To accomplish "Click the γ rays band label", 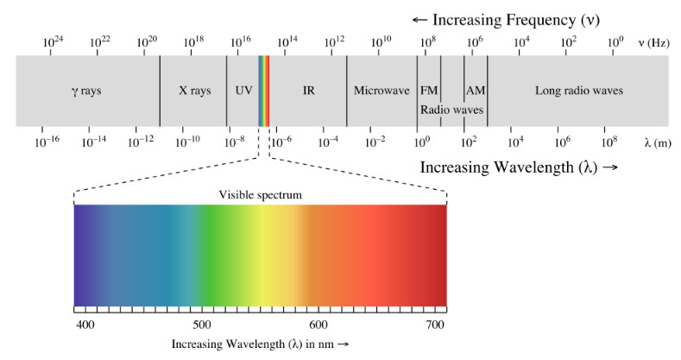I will [x=86, y=91].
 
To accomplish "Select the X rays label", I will [x=193, y=91].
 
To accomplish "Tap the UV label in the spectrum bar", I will [x=243, y=91].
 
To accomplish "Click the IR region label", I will [x=308, y=91].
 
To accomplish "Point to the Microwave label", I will [x=381, y=91].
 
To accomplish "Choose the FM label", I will [x=429, y=91].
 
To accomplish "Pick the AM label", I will [x=476, y=91].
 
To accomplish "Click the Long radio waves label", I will [x=578, y=91].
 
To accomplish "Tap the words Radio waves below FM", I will [x=451, y=111].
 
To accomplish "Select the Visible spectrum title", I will [x=260, y=195].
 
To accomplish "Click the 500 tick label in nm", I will [x=201, y=325].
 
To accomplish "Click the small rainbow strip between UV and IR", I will [x=264, y=91].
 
